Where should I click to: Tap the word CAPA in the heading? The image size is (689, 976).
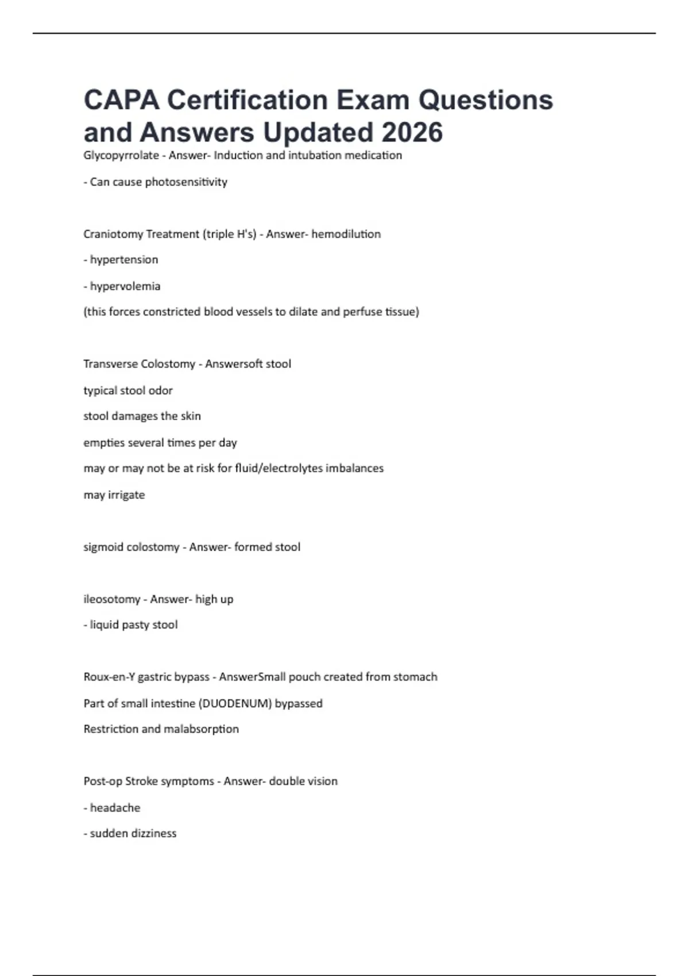click(x=121, y=100)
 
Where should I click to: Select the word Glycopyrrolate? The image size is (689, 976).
click(x=121, y=156)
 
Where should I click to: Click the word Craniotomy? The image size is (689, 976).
click(x=113, y=234)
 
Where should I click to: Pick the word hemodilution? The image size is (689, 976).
click(x=346, y=234)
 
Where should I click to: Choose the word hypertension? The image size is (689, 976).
click(x=124, y=260)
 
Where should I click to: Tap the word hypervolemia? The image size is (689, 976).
click(x=125, y=286)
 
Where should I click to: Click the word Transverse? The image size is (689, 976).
click(x=110, y=364)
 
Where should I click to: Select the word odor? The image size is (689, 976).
click(x=161, y=390)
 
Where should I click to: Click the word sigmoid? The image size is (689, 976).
click(x=103, y=547)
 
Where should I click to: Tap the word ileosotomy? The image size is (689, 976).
click(x=112, y=599)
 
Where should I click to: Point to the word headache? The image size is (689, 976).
click(x=115, y=808)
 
